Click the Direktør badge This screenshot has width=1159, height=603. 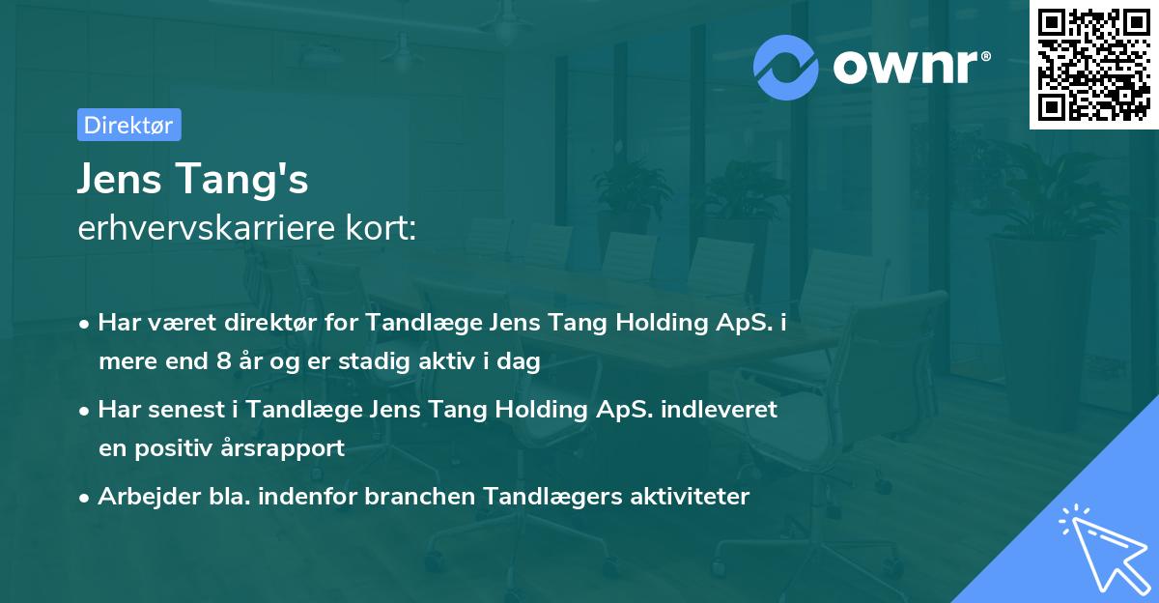click(x=128, y=126)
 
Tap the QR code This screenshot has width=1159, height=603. click(x=1092, y=64)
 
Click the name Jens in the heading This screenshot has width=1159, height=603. click(x=120, y=180)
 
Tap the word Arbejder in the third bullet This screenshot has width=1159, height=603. click(x=139, y=497)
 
